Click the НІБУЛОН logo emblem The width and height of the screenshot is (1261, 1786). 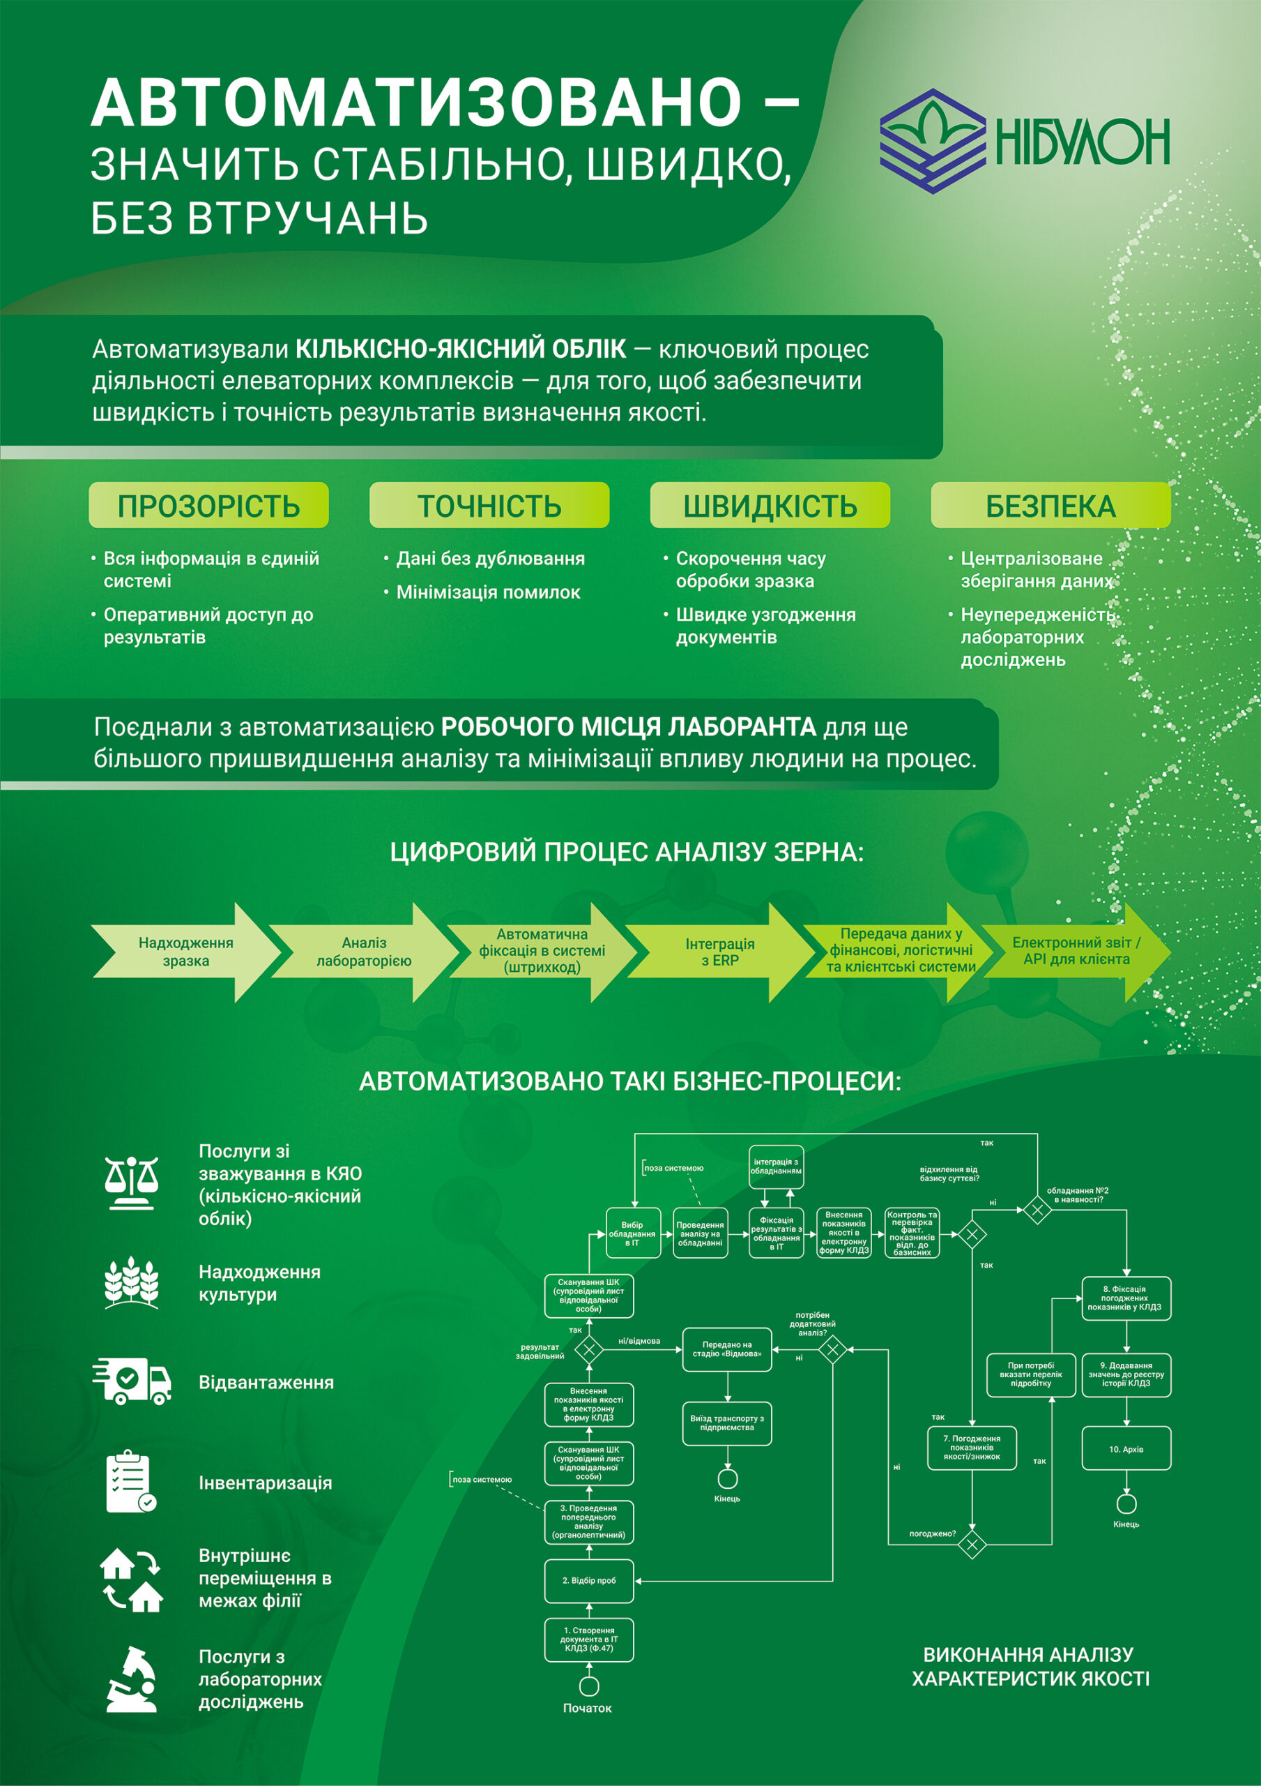[931, 141]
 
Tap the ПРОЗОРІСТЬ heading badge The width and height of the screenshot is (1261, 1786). [208, 506]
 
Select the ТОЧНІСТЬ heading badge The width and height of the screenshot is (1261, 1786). [489, 506]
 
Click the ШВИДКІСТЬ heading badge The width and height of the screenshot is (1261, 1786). [770, 506]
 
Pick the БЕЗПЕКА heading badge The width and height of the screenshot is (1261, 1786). [1050, 506]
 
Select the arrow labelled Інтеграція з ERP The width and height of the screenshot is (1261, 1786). [719, 952]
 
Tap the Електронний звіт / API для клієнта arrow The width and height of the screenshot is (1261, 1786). [1076, 951]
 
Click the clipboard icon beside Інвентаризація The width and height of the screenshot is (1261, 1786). [130, 1482]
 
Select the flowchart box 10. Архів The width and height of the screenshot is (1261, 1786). [1126, 1448]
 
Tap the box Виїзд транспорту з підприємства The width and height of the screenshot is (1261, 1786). [727, 1423]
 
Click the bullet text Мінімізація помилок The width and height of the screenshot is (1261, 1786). [488, 593]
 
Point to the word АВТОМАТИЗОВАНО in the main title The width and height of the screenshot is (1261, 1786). [416, 103]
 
